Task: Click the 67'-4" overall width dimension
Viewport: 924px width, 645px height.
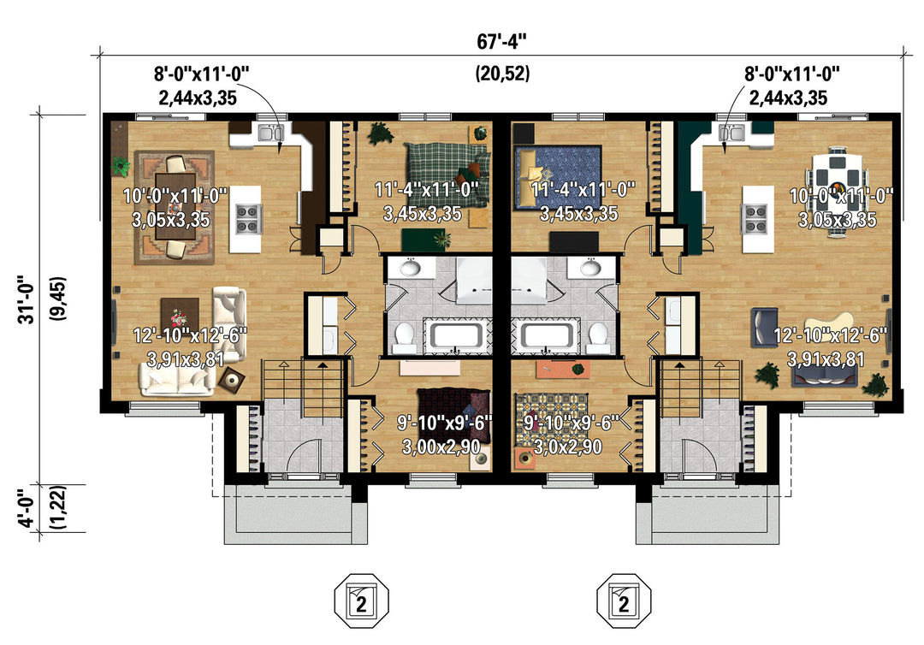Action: (x=500, y=42)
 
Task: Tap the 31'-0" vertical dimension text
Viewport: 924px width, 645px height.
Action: (x=27, y=300)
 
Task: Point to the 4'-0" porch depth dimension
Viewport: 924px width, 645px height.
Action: (x=27, y=510)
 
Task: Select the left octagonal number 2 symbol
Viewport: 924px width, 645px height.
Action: (x=361, y=601)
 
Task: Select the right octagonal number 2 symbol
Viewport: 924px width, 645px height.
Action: (x=624, y=601)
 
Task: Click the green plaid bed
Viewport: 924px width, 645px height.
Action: (x=447, y=175)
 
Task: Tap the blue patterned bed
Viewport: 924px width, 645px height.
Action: (x=558, y=177)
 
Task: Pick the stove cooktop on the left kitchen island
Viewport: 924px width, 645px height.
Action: (x=247, y=218)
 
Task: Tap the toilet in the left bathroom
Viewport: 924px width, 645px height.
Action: (x=404, y=337)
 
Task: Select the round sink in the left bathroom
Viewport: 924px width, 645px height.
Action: (x=410, y=269)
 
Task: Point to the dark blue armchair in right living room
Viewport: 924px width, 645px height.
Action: (x=764, y=327)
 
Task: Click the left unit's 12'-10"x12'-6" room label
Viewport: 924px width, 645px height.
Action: (x=190, y=346)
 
